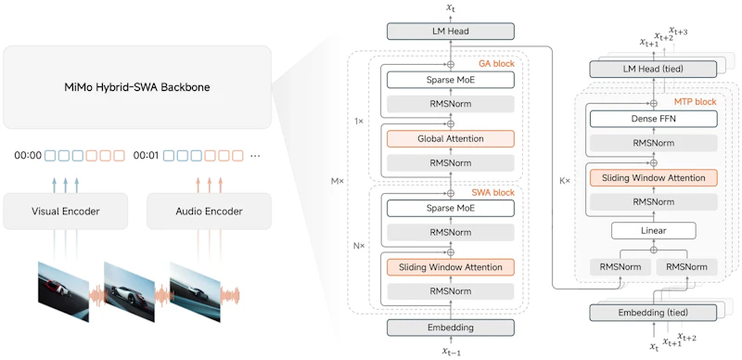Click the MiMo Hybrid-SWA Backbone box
click(x=137, y=87)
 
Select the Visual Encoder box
click(x=65, y=212)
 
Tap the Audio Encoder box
click(x=209, y=212)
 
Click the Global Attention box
click(x=451, y=139)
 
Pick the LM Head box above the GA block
click(x=451, y=32)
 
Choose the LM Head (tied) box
click(x=654, y=70)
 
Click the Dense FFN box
click(x=654, y=119)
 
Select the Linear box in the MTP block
click(x=654, y=231)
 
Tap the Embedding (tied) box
click(x=654, y=313)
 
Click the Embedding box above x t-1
click(x=451, y=328)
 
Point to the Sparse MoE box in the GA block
click(x=451, y=80)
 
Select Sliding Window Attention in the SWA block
click(x=451, y=267)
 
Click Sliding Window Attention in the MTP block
click(x=654, y=178)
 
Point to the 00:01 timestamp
click(x=147, y=155)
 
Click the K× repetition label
click(x=565, y=181)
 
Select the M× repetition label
click(x=337, y=181)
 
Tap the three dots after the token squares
click(x=255, y=156)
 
